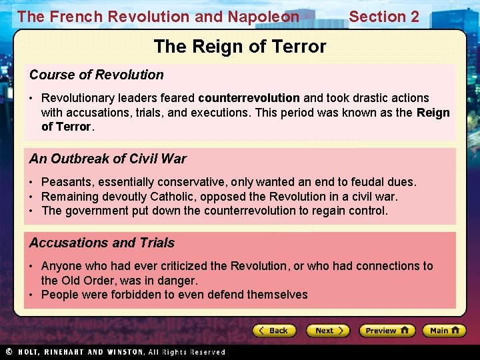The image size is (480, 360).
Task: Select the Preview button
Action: pos(387,331)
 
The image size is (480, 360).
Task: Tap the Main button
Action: pos(446,331)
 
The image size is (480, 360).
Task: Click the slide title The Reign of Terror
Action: pos(240,47)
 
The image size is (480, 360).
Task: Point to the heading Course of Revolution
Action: pos(97,75)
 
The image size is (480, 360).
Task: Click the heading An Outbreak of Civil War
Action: pos(108,159)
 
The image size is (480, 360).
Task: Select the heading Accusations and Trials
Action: pos(102,243)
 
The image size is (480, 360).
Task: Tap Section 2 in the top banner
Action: pos(384,17)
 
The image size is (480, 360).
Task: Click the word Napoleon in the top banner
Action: pos(265,17)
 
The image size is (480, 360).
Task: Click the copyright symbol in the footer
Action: pos(9,352)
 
